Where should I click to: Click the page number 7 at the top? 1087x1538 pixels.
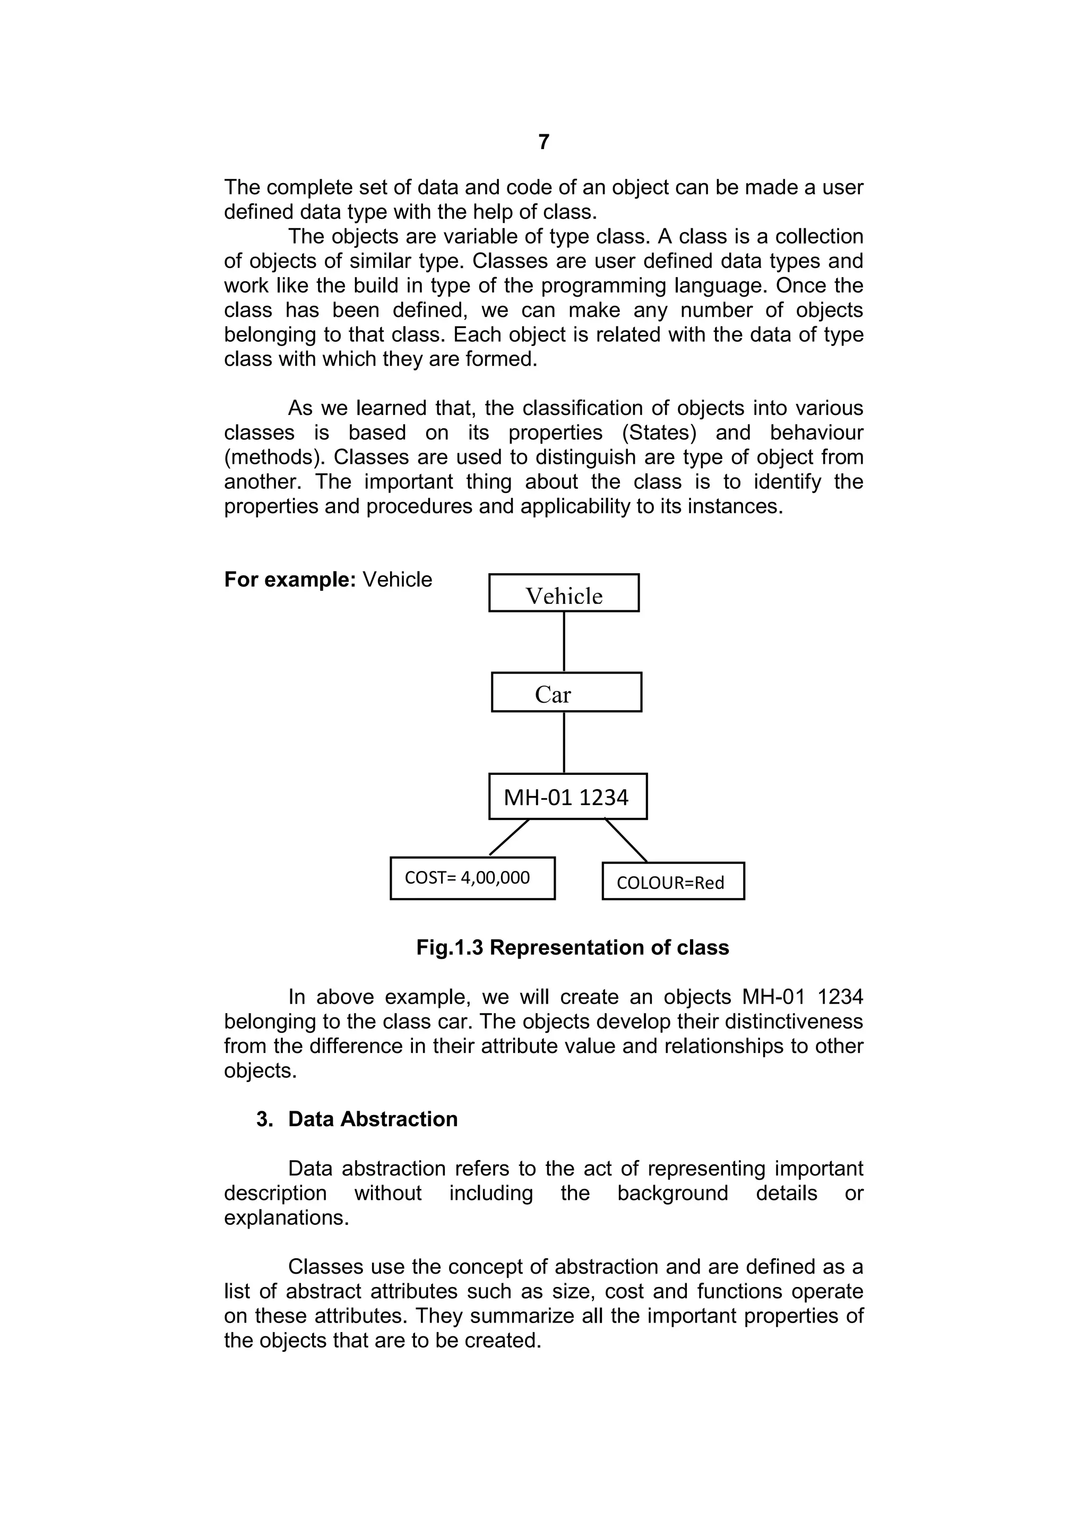point(543,142)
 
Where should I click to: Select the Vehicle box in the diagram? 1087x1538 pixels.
point(563,593)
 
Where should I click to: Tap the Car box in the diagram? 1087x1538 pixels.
point(566,693)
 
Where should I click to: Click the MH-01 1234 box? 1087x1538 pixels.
point(567,797)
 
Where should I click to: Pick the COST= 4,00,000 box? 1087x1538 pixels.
point(472,878)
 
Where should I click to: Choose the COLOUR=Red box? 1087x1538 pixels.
point(672,882)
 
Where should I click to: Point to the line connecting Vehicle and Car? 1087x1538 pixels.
point(564,642)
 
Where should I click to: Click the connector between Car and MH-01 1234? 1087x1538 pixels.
point(564,742)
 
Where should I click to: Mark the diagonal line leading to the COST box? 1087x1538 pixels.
point(509,837)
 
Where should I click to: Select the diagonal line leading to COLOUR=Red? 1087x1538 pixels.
point(626,840)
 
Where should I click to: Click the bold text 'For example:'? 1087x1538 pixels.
point(290,580)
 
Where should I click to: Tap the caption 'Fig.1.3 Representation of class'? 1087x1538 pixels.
point(572,947)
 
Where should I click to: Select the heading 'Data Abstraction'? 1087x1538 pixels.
point(373,1119)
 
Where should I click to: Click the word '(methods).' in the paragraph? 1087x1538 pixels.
point(274,457)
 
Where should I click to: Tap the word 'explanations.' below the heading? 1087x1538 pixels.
point(287,1218)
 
